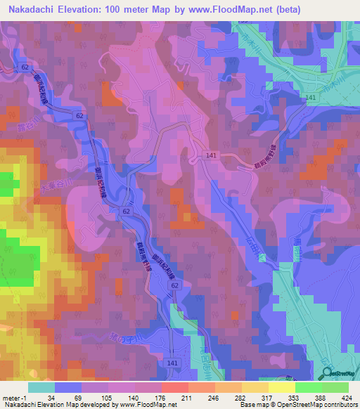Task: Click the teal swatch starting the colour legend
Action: click(x=41, y=387)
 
